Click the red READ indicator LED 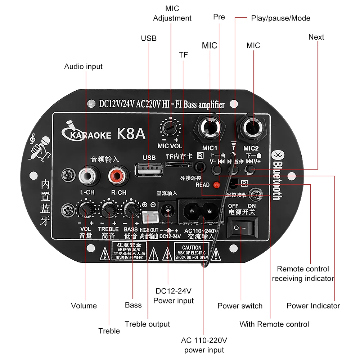point(216,185)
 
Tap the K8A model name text point(131,134)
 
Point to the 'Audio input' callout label point(83,67)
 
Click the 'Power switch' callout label point(240,306)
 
